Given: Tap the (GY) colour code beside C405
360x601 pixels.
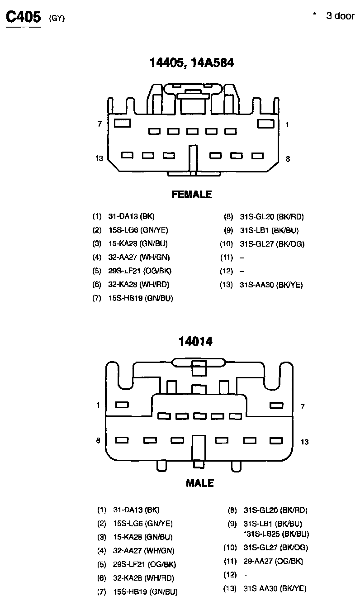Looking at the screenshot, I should [x=57, y=19].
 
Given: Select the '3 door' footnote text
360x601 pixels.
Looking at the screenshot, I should [x=340, y=16].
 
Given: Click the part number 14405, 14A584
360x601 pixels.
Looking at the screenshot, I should [x=192, y=63].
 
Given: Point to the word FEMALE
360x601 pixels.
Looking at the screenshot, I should [x=192, y=195].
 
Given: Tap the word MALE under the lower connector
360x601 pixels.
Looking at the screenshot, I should [x=199, y=483].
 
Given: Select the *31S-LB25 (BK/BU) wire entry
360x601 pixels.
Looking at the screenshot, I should [x=276, y=534].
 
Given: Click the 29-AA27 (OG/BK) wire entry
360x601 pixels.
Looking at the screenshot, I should [x=273, y=561].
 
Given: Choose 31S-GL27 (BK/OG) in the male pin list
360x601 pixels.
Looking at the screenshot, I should [x=275, y=548].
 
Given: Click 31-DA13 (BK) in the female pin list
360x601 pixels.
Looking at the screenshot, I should [x=128, y=217].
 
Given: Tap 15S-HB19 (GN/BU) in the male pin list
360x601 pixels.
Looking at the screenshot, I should [x=145, y=591].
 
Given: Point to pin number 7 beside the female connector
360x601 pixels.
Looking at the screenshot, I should [x=99, y=124].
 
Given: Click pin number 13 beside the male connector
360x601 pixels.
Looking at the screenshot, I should [x=304, y=442].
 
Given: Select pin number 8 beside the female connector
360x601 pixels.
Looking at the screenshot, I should [x=288, y=159].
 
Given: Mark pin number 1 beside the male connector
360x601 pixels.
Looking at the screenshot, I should [x=98, y=405].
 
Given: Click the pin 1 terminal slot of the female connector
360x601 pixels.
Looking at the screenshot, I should [x=265, y=123].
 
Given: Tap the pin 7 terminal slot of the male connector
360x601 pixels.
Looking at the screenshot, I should [x=275, y=405].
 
